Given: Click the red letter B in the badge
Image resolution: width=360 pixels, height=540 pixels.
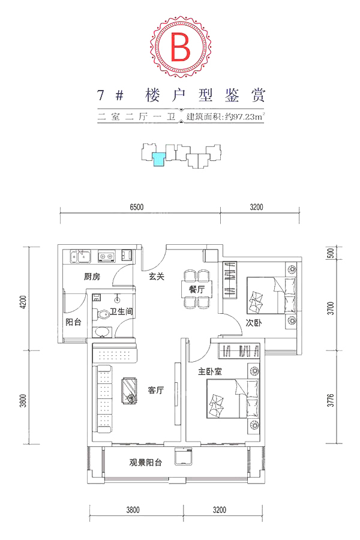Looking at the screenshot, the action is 180,46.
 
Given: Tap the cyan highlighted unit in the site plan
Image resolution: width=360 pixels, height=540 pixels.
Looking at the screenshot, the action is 159,159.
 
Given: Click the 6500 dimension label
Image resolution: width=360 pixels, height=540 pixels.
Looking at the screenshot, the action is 136,207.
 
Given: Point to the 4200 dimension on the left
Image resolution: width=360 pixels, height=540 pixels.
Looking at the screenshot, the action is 23,302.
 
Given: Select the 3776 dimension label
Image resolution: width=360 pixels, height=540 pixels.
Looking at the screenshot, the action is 331,400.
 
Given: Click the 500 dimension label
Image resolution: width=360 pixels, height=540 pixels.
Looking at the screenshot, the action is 331,253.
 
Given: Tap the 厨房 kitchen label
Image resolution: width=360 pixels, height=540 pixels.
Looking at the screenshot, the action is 92,276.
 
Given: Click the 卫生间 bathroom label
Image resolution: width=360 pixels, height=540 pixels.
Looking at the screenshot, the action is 121,311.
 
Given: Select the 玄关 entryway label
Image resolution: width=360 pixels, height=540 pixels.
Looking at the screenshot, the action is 157,276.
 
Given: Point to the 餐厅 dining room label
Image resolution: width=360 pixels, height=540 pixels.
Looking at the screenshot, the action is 196,289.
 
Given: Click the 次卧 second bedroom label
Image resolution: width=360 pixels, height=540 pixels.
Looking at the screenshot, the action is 254,323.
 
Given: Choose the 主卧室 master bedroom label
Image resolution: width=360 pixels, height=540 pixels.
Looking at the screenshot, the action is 210,371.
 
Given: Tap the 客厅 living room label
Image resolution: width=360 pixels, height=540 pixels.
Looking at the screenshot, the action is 156,390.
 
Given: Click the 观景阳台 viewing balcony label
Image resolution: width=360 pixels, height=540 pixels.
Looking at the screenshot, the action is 145,463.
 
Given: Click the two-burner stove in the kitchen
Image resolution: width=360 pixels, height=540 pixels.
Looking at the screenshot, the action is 106,256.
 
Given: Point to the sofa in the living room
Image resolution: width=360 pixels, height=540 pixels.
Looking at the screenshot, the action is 103,399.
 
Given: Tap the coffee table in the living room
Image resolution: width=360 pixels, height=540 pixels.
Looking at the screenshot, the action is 129,390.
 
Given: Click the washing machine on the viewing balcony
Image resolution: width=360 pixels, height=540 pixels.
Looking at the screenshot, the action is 183,456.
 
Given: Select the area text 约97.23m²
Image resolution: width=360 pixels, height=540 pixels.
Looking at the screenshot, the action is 245,116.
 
